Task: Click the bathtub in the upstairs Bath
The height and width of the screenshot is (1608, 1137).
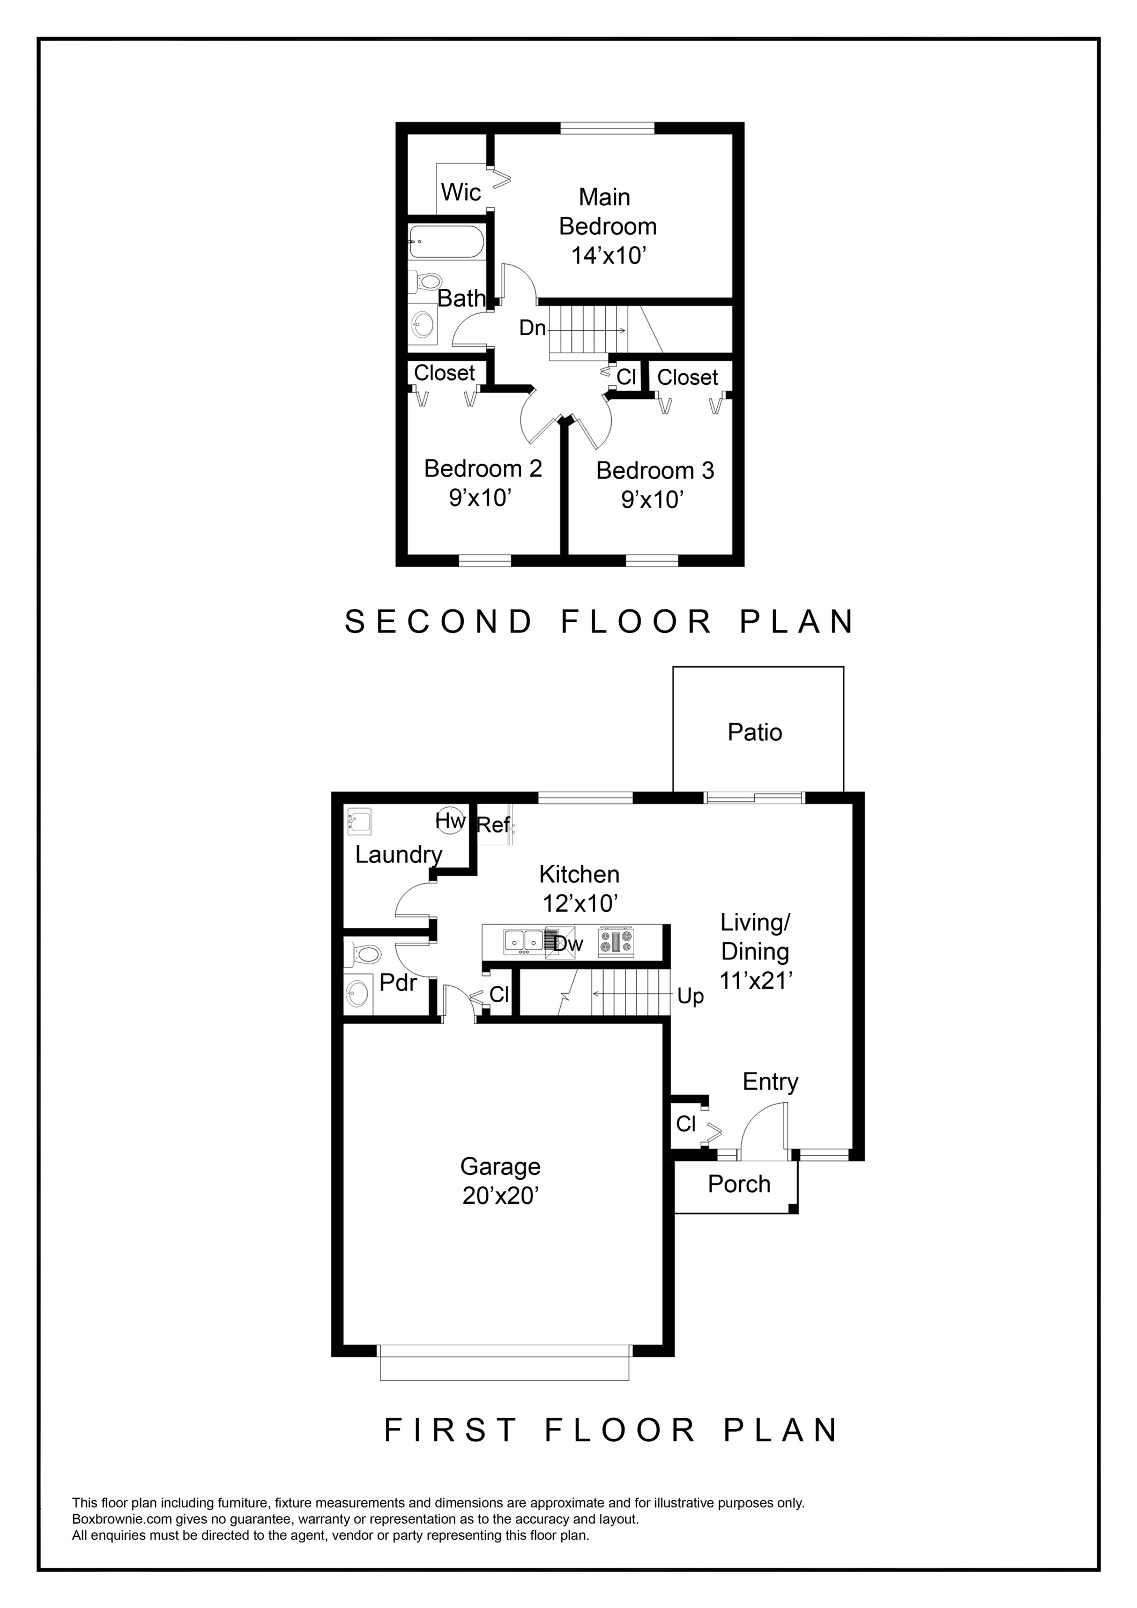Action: click(445, 242)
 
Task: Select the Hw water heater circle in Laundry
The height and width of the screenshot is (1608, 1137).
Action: click(450, 820)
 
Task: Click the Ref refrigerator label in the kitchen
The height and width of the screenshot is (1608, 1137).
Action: click(493, 825)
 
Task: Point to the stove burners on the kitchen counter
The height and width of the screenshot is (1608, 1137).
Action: click(616, 942)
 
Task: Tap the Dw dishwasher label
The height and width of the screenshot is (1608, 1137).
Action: click(568, 944)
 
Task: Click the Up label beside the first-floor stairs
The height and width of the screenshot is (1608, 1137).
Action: click(690, 996)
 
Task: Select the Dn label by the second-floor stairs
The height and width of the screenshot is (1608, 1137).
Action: click(532, 327)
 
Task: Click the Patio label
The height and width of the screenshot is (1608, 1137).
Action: click(754, 733)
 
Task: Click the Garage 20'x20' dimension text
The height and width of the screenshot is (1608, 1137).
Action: click(500, 1195)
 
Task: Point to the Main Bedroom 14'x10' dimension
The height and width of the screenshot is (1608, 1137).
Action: click(607, 256)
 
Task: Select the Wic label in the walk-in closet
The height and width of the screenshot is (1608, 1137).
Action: click(460, 192)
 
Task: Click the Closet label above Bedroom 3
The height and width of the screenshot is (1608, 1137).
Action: click(687, 377)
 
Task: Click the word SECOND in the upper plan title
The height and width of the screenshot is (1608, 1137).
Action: click(439, 622)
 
